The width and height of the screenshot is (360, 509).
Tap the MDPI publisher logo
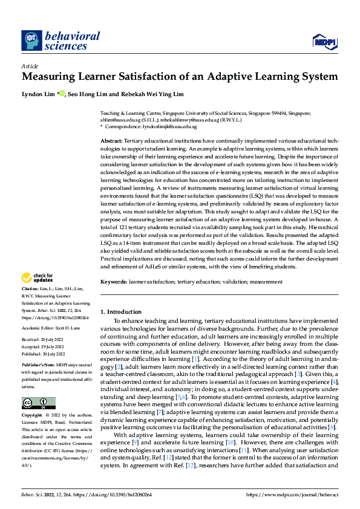click(x=324, y=41)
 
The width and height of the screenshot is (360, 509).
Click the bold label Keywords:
click(x=114, y=282)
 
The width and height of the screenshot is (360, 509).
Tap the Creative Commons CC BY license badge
click(x=38, y=403)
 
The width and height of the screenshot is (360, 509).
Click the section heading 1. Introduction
click(x=120, y=311)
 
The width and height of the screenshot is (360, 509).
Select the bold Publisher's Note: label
click(x=39, y=366)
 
